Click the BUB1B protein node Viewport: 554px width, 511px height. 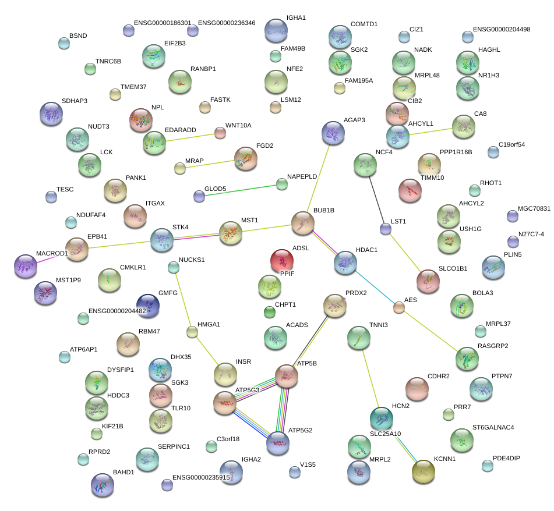click(302, 223)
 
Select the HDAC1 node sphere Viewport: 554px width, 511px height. click(345, 262)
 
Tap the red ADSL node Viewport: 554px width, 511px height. click(283, 260)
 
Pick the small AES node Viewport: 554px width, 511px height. click(398, 307)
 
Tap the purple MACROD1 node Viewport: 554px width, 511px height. click(25, 266)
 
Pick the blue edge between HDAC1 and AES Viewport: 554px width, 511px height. click(373, 286)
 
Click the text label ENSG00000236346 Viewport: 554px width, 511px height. click(227, 23)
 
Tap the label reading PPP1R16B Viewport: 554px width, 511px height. click(456, 152)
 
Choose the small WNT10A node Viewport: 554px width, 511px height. click(220, 133)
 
